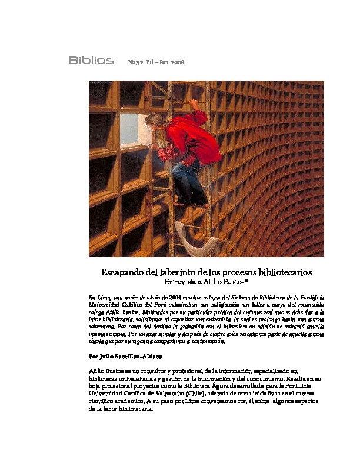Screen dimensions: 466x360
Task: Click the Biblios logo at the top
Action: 91,61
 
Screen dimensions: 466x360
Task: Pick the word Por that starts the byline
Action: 94,357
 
